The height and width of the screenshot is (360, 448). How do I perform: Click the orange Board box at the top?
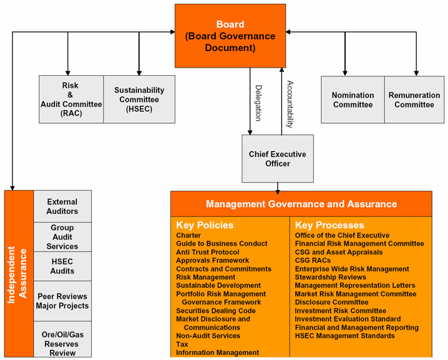point(230,35)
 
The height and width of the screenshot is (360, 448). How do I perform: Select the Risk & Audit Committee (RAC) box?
point(71,99)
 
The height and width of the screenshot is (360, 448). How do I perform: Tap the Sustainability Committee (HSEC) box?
point(139,99)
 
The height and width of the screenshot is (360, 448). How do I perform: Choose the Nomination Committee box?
point(353,100)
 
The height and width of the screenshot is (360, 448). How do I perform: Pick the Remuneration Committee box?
point(415,100)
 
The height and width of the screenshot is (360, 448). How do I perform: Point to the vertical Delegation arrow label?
point(258,103)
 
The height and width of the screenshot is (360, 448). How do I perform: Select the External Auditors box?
point(62,207)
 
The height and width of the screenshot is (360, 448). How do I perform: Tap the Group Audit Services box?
point(62,237)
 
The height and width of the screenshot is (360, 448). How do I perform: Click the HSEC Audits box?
point(62,267)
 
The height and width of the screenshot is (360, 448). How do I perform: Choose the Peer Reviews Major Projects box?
point(62,301)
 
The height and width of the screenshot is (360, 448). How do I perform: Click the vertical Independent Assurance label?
point(18,275)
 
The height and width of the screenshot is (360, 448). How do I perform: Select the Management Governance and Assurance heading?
point(301,204)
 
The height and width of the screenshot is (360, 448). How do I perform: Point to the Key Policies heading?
point(204,225)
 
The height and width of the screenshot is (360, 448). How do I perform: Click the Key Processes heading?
point(329,225)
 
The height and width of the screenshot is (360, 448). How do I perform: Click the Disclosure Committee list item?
point(331,303)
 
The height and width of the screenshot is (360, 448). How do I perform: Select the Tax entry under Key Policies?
point(182,344)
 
